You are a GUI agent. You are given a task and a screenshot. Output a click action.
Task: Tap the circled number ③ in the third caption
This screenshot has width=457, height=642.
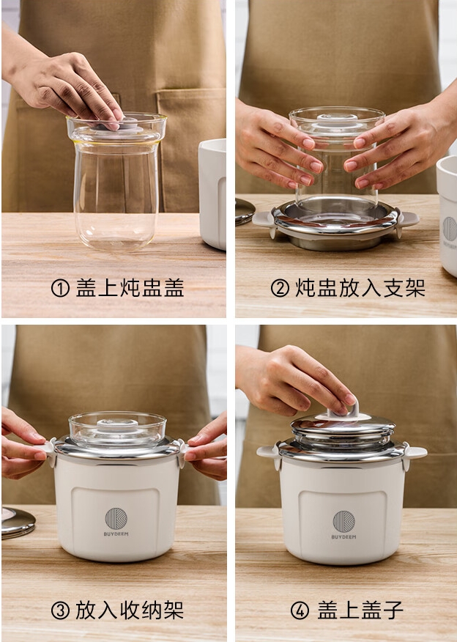(60, 610)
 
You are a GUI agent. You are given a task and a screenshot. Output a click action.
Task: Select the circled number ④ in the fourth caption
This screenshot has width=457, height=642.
(300, 610)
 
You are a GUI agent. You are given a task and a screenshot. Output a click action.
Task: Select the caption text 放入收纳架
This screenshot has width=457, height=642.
(130, 610)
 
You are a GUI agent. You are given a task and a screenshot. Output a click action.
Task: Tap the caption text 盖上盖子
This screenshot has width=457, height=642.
(360, 610)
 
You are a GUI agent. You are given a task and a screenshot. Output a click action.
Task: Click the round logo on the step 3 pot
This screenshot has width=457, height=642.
(116, 518)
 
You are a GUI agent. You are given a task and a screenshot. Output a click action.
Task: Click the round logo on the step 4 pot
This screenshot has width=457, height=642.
(343, 521)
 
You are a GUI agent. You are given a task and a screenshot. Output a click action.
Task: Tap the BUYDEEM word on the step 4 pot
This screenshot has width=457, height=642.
(343, 537)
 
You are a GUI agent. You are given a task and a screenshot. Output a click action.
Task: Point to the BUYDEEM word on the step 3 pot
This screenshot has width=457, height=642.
(116, 534)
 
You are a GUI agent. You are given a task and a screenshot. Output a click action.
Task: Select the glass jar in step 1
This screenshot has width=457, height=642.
(116, 183)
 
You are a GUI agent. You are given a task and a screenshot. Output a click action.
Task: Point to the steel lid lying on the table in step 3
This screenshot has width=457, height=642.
(16, 521)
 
